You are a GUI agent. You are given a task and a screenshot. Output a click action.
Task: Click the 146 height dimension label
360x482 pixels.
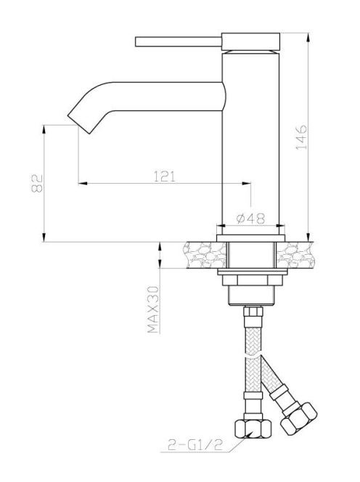(x=301, y=137)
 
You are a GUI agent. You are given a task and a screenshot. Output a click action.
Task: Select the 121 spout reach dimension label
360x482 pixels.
(x=165, y=176)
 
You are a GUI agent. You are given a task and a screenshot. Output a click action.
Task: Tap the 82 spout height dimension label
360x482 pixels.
(x=37, y=183)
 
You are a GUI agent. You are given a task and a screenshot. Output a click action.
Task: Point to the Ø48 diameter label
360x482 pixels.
(x=250, y=218)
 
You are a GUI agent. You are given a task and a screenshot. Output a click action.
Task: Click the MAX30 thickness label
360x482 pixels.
(x=153, y=309)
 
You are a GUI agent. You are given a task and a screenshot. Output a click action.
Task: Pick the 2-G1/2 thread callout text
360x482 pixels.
(x=195, y=444)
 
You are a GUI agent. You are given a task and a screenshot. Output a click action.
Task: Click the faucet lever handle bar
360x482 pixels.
(x=179, y=42)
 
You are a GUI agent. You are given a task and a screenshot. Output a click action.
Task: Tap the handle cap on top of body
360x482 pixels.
(x=251, y=41)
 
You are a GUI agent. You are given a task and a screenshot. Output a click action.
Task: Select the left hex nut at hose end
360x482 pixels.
(x=253, y=428)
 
